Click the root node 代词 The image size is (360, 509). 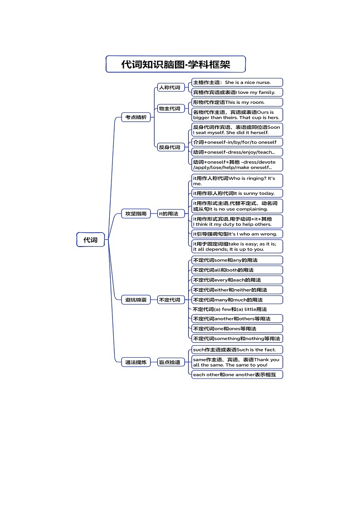point(91,240)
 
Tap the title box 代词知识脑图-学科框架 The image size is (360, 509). point(175,64)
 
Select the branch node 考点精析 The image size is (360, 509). point(136,117)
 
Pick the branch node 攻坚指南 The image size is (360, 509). point(136,213)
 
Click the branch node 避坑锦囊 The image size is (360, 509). point(136,300)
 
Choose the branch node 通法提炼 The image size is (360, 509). point(136,362)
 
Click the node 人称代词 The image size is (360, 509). point(169,87)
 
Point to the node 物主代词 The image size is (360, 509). point(169,108)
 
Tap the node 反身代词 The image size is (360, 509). point(169,147)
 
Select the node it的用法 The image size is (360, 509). point(168,213)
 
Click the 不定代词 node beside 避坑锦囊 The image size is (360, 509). point(169,300)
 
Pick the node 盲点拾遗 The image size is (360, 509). point(169,362)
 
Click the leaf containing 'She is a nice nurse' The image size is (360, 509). point(237,82)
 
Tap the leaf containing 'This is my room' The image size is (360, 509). point(237,102)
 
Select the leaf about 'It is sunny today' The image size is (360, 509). point(237,194)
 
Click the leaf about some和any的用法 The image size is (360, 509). point(237,260)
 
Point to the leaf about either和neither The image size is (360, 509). point(237,290)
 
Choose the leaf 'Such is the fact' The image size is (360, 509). point(237,349)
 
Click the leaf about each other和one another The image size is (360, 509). point(237,375)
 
